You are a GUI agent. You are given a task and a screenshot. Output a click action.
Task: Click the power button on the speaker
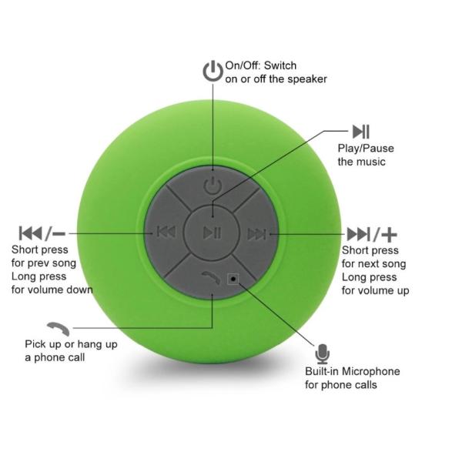(x=213, y=186)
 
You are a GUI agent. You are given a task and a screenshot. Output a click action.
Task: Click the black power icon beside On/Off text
(x=213, y=72)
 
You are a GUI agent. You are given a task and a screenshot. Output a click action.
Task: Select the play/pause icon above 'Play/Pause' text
(x=360, y=131)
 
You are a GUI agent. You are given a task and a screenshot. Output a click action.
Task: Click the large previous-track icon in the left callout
(x=31, y=233)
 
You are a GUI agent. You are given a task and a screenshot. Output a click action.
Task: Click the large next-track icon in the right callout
(x=357, y=234)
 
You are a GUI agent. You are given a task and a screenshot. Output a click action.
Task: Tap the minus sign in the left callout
(x=60, y=233)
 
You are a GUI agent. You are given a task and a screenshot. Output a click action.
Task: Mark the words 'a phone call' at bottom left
(x=55, y=357)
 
